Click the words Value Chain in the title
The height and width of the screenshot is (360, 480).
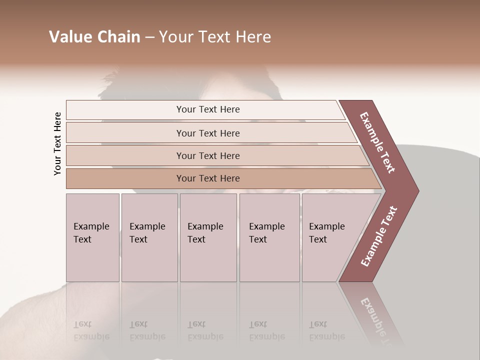(x=94, y=37)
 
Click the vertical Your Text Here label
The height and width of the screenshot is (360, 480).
(x=57, y=144)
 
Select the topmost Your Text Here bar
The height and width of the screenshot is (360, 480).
(x=207, y=109)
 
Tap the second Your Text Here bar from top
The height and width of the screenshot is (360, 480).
(x=207, y=133)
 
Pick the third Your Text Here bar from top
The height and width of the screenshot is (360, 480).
(x=207, y=155)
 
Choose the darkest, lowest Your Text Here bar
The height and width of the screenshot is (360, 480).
(x=207, y=178)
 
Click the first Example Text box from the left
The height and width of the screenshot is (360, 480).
(x=92, y=237)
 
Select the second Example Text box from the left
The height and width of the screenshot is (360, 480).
(x=149, y=237)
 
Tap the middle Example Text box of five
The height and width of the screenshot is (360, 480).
(x=208, y=237)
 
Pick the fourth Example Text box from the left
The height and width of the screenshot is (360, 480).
(x=269, y=237)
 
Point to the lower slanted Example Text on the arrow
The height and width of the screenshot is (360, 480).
(x=379, y=236)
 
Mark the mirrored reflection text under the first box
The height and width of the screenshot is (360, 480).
(x=91, y=330)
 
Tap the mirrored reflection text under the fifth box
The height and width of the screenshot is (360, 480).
(x=327, y=330)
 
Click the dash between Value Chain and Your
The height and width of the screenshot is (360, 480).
(x=149, y=37)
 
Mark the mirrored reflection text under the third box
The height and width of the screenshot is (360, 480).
(x=205, y=330)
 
